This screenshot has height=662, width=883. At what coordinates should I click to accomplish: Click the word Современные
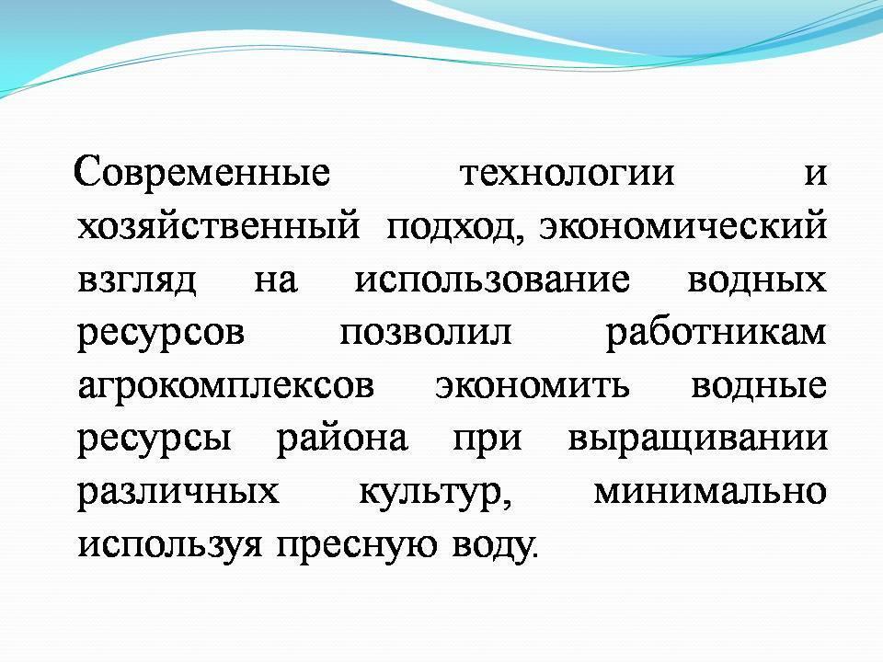pyautogui.click(x=201, y=173)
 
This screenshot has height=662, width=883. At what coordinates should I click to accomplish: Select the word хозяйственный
pyautogui.click(x=218, y=226)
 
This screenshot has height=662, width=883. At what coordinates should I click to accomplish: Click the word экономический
pyautogui.click(x=682, y=226)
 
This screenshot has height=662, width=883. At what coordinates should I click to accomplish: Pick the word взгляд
pyautogui.click(x=137, y=280)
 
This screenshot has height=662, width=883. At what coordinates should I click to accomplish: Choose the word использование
pyautogui.click(x=492, y=279)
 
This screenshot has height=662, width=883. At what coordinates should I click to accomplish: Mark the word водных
pyautogui.click(x=757, y=279)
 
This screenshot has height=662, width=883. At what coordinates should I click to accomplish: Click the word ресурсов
pyautogui.click(x=162, y=333)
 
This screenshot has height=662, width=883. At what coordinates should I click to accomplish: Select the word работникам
pyautogui.click(x=716, y=331)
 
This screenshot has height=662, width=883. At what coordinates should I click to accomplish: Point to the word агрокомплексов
pyautogui.click(x=226, y=385)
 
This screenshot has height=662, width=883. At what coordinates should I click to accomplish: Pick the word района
pyautogui.click(x=341, y=438)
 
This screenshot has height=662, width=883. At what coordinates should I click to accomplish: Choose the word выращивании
pyautogui.click(x=696, y=439)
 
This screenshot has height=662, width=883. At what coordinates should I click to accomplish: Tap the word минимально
pyautogui.click(x=708, y=490)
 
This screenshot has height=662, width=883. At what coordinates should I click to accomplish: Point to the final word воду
pyautogui.click(x=491, y=544)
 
